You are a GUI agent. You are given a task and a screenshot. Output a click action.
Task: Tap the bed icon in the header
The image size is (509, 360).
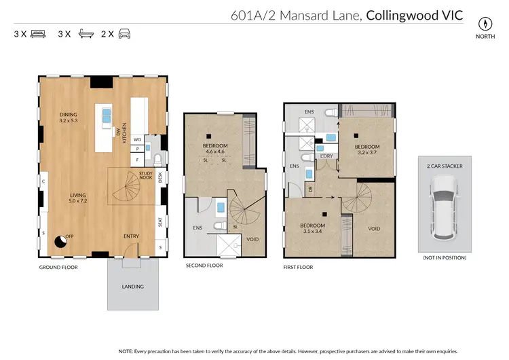coord(38,33)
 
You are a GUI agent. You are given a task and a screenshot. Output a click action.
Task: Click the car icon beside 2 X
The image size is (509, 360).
coord(125,33)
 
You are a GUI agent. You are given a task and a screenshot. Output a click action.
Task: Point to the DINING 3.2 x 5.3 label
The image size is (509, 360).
coord(69,118)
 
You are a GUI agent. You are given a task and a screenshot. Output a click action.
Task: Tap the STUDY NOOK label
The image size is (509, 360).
coord(145,175)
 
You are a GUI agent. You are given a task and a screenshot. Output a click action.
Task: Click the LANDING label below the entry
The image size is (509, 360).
coord(133,287)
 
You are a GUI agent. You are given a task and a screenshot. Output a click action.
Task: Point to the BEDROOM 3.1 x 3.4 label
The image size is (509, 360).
coord(313,228)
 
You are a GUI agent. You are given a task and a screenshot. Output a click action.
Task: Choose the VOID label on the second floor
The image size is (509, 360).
coord(252,239)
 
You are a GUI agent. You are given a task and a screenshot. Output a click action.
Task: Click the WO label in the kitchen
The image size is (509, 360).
coord(137,139)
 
